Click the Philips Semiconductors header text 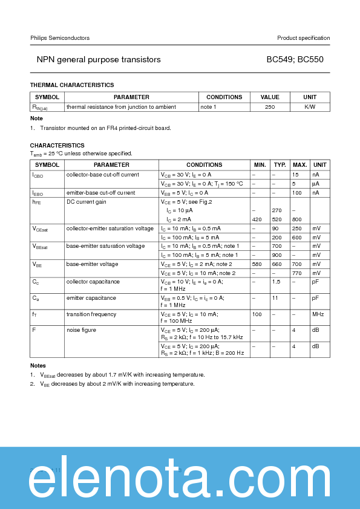(x=60, y=38)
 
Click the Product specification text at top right (x=303, y=38)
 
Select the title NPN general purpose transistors (x=99, y=60)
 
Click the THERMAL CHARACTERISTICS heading (x=72, y=85)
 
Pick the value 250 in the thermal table (x=270, y=107)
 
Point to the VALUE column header (x=270, y=97)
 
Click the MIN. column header (x=260, y=165)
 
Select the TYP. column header (x=280, y=165)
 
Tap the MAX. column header (x=299, y=165)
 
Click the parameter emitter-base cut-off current (x=100, y=193)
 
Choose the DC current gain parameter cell (x=86, y=202)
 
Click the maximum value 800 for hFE (x=296, y=219)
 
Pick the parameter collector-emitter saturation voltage (x=110, y=229)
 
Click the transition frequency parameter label (x=91, y=314)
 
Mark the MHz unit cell (x=318, y=314)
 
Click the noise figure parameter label (x=81, y=330)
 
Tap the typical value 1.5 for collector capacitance (x=276, y=282)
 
